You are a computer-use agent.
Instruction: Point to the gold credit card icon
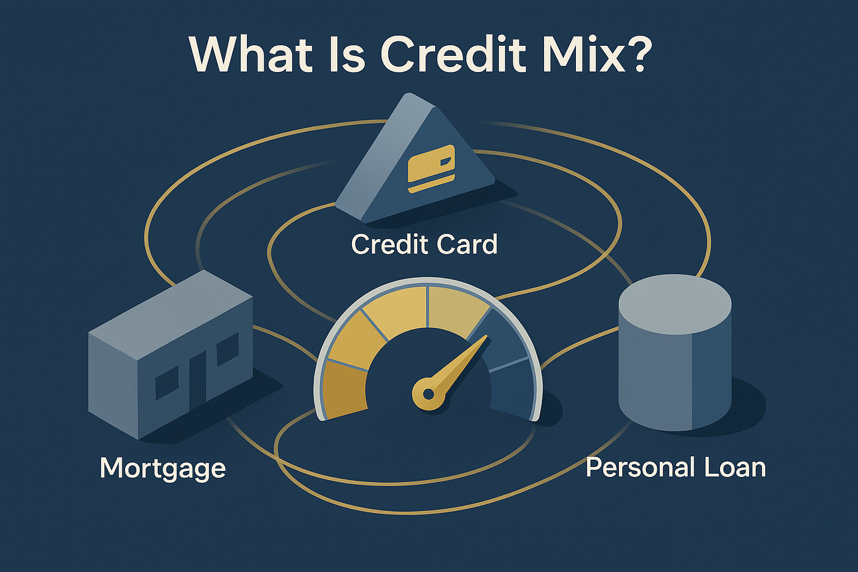click(x=432, y=168)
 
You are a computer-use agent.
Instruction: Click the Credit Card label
click(x=424, y=245)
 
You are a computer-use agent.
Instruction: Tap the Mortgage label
click(x=163, y=468)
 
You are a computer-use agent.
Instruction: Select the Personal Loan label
click(x=675, y=467)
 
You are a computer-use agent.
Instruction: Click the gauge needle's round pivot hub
click(x=428, y=394)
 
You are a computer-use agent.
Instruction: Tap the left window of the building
click(x=166, y=383)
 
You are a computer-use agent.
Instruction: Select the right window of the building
click(x=227, y=349)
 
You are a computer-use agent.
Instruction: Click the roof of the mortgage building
click(x=170, y=304)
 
